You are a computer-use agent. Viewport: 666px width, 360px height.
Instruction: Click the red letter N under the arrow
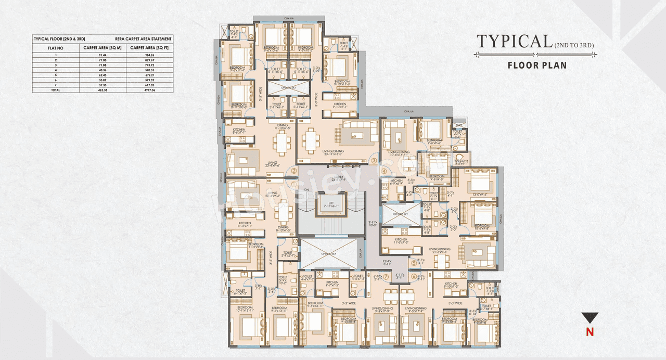point(590,332)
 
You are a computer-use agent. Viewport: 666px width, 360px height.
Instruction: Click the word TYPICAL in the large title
point(514,42)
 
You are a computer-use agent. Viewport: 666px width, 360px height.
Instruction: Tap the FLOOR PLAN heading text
point(537,66)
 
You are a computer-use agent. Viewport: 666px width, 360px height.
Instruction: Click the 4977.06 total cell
point(149,90)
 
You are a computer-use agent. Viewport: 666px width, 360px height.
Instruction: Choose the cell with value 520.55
point(149,70)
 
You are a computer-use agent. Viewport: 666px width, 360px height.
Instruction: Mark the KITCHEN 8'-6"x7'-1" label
point(239,131)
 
